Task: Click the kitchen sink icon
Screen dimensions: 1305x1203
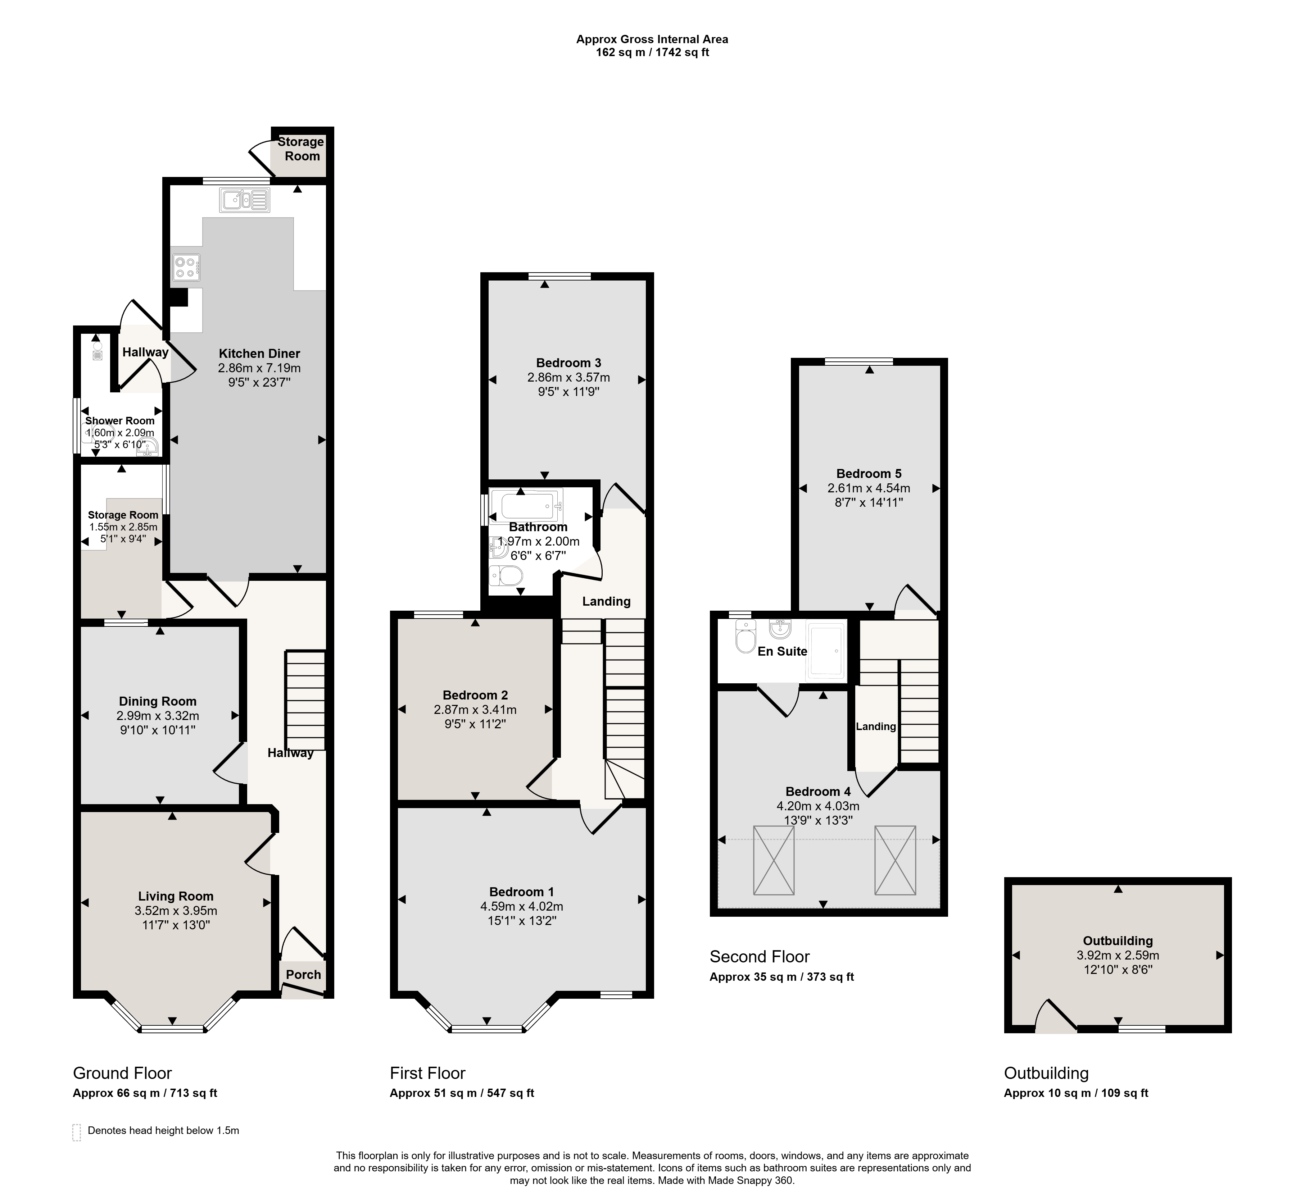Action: tap(245, 200)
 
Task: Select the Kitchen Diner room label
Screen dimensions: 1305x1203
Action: tap(259, 354)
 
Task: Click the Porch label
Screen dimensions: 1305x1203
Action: tap(303, 975)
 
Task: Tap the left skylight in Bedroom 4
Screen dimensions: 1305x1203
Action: tap(774, 860)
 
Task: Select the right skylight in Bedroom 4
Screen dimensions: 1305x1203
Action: tap(896, 860)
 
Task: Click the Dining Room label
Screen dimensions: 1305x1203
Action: tap(158, 701)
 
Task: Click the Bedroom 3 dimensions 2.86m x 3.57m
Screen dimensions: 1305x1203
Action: tap(568, 378)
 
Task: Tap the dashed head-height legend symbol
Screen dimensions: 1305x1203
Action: tap(77, 1133)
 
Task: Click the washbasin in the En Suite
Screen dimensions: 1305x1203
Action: tap(779, 629)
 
